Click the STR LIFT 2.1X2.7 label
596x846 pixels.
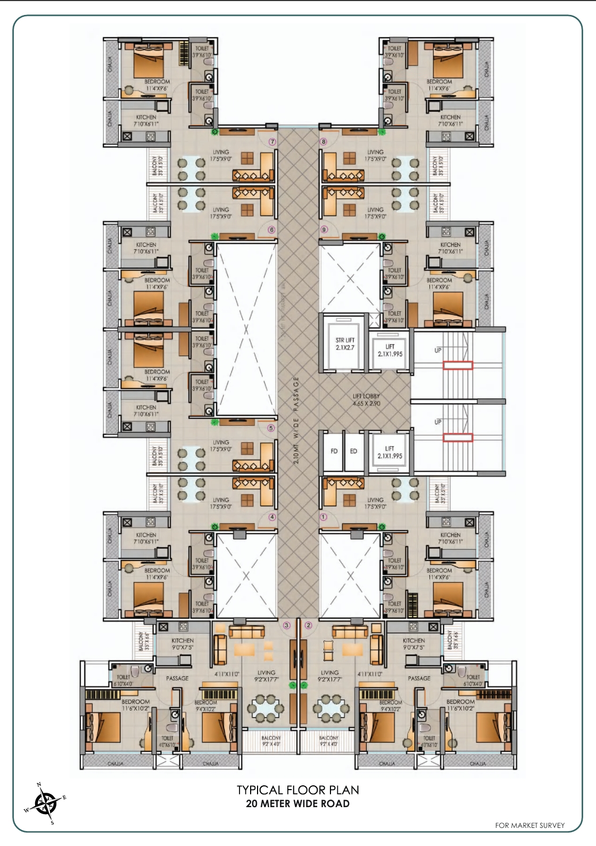[345, 343]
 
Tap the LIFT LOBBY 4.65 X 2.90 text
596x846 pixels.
[366, 400]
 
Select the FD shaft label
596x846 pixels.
[334, 451]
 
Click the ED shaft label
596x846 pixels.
[353, 451]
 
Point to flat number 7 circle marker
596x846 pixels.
[272, 142]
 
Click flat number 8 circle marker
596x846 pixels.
[323, 142]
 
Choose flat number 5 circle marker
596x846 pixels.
[271, 427]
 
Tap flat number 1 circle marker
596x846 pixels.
[323, 517]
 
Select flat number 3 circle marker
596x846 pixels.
[287, 625]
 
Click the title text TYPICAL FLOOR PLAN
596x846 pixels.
[297, 790]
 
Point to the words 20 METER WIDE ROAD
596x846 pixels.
[297, 803]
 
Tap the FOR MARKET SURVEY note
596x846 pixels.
[529, 825]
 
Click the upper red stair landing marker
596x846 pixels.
[458, 365]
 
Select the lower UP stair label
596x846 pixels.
[437, 422]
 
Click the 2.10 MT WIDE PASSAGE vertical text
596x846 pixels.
[296, 420]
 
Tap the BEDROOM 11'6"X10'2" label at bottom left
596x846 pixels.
[135, 705]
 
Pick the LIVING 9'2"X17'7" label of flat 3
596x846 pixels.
[266, 676]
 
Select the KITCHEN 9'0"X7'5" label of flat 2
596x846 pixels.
[413, 644]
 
